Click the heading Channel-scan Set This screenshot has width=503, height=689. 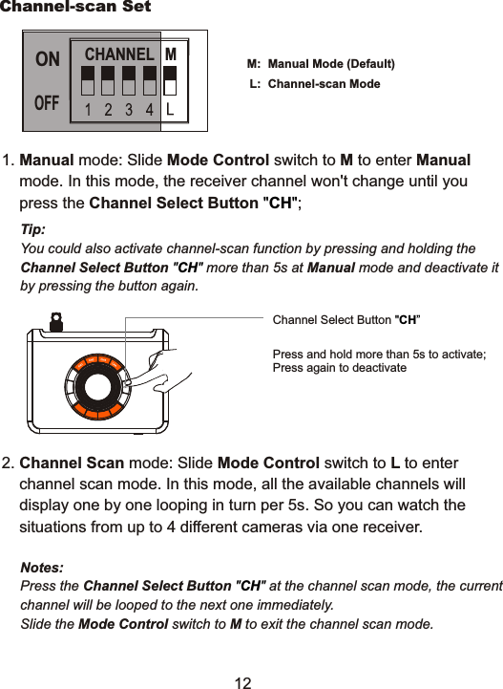click(75, 8)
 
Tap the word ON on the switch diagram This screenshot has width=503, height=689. click(48, 59)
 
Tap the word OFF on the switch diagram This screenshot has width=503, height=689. click(48, 102)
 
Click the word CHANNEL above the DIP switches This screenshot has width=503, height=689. click(119, 54)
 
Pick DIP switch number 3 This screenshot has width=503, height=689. click(129, 79)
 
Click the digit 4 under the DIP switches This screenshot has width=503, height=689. click(150, 109)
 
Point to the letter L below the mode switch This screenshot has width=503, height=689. click(170, 109)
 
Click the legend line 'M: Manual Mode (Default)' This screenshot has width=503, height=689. click(321, 64)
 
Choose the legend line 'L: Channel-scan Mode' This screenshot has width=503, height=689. click(314, 84)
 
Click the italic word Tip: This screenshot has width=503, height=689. click(32, 231)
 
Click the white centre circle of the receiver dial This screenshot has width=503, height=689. click(98, 386)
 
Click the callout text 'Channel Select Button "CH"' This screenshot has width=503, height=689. click(346, 319)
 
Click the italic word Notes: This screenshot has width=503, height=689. click(42, 568)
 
